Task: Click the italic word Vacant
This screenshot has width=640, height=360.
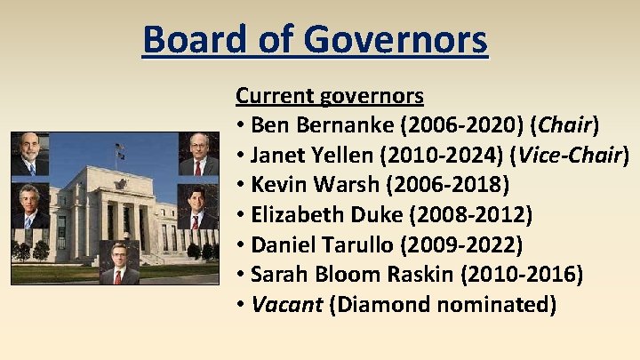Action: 286,305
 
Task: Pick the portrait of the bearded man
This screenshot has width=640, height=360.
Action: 29,154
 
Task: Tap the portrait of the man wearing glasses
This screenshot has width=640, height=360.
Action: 197,154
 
